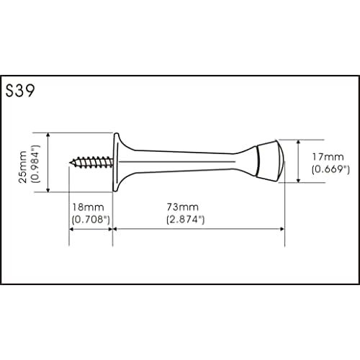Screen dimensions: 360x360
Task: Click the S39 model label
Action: (20, 91)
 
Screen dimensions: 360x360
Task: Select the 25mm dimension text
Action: (23, 167)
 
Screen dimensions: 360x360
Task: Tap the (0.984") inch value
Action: (35, 164)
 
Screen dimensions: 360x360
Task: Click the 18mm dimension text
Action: (88, 207)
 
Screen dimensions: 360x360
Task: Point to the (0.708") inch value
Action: (91, 220)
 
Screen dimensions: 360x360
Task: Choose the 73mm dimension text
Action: (183, 207)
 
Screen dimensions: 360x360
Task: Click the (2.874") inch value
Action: (186, 220)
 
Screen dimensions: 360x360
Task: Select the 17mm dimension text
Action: (328, 157)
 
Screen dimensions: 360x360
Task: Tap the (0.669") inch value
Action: (330, 169)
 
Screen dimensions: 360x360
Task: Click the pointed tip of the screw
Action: (70, 163)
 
